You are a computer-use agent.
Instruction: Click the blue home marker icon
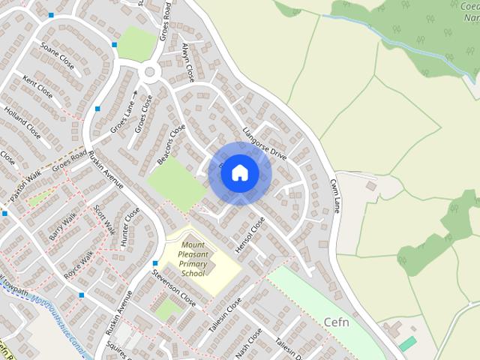239,173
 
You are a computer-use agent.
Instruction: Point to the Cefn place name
337,322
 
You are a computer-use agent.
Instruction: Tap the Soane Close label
58,57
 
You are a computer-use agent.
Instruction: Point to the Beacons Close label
171,145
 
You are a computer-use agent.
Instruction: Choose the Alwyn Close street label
187,62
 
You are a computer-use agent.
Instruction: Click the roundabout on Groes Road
150,72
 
